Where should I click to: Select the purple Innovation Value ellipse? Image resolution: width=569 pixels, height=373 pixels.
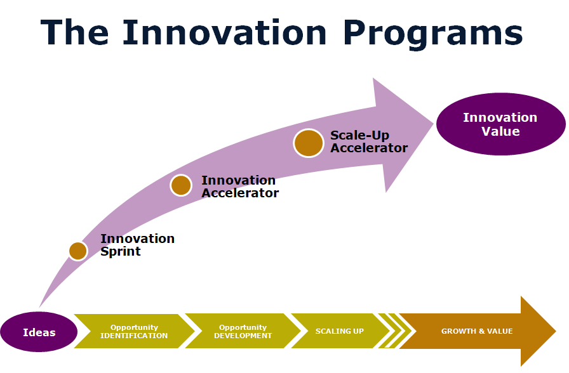[x=500, y=125]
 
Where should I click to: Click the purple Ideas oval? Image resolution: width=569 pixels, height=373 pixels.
[x=39, y=332]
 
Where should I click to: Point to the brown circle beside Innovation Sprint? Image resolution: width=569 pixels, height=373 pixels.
[x=77, y=251]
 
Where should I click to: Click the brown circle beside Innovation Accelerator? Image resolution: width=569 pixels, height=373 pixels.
[x=181, y=185]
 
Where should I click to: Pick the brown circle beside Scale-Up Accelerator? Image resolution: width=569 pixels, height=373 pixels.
[x=309, y=143]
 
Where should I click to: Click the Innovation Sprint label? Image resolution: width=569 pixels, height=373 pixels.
[x=137, y=245]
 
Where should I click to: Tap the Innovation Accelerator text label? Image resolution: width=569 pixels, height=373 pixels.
[x=239, y=186]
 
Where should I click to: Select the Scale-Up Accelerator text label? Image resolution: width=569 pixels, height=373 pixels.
[x=368, y=142]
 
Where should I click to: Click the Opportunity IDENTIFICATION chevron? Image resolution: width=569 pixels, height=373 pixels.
[x=134, y=332]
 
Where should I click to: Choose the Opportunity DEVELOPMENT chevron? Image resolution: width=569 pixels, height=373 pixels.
[x=243, y=332]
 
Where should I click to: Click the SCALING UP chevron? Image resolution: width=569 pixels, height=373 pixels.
[x=340, y=331]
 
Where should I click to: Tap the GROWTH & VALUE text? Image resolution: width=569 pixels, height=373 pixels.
[x=476, y=331]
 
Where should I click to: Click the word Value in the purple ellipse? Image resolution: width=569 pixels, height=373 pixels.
[x=500, y=132]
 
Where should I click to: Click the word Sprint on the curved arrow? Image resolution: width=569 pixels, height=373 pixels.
[x=121, y=251]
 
